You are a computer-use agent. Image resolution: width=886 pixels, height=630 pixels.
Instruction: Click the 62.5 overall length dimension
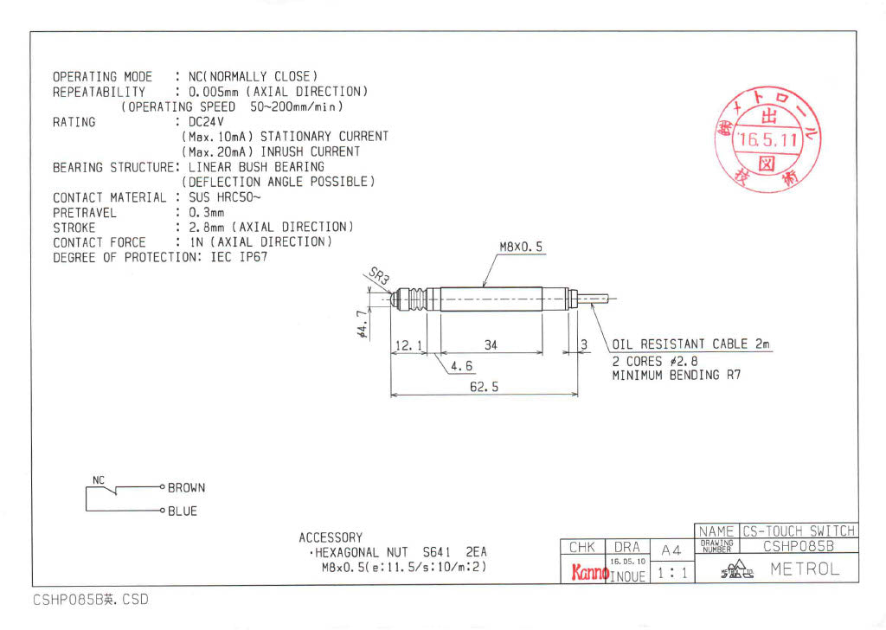pos(485,387)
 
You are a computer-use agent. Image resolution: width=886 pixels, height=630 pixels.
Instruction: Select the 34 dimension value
pos(491,344)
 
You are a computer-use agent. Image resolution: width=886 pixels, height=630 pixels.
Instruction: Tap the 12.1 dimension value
pos(408,344)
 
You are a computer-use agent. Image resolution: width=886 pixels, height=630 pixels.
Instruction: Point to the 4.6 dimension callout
pos(462,365)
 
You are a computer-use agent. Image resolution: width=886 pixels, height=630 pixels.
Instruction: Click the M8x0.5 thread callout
pos(521,247)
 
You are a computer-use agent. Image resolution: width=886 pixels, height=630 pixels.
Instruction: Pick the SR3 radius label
pos(379,275)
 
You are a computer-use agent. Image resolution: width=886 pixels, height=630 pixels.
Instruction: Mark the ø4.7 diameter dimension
pos(363,325)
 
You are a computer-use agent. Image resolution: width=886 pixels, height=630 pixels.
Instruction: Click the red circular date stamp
pos(767,139)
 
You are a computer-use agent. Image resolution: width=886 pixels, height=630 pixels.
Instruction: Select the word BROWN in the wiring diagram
pos(187,487)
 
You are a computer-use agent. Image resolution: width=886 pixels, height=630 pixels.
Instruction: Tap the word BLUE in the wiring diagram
pos(183,511)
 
